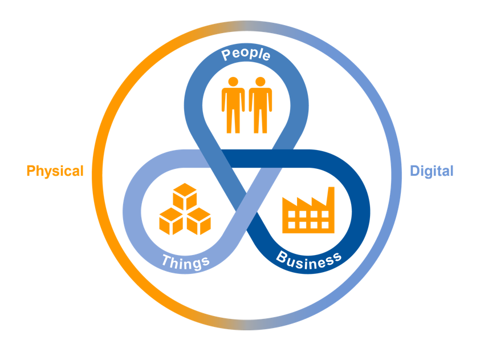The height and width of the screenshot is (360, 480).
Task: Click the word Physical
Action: (x=55, y=171)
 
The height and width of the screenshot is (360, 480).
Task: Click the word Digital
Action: (x=432, y=171)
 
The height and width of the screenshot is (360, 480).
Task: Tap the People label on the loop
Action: (x=246, y=55)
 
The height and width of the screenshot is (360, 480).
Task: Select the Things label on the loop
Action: (x=186, y=262)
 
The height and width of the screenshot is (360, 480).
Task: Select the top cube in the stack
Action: (x=185, y=197)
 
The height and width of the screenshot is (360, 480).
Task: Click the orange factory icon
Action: (x=308, y=211)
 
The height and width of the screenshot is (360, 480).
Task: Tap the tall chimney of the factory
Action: (x=330, y=197)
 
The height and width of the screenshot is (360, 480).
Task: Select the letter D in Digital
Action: (x=414, y=171)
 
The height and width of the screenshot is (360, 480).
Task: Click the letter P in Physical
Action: (x=31, y=171)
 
